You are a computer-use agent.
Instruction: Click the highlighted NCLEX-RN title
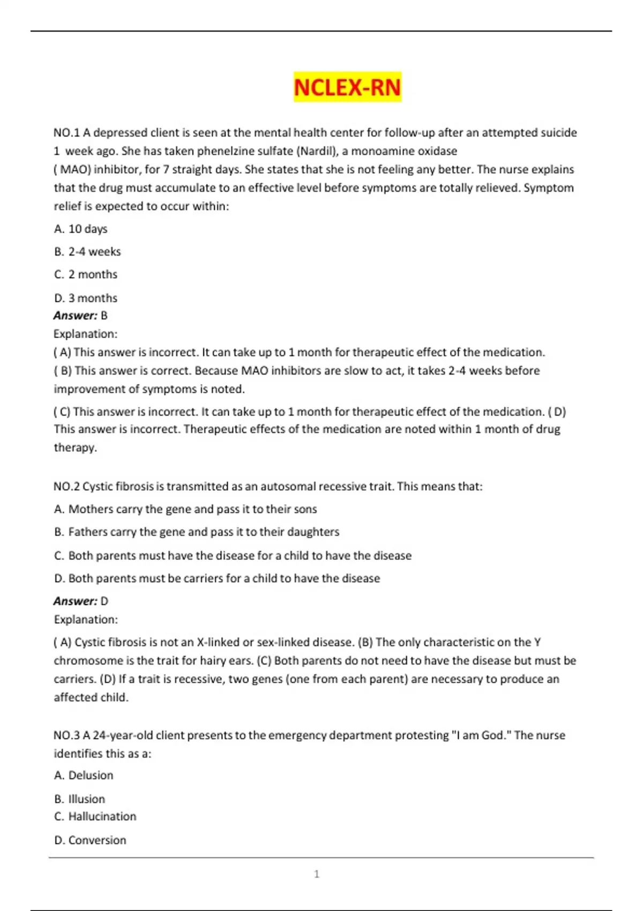[x=347, y=87]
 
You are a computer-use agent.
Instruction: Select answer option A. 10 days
[x=81, y=229]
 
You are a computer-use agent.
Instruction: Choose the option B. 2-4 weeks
[x=87, y=251]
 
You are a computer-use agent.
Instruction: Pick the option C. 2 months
[x=86, y=274]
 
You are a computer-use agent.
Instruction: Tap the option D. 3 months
[x=86, y=298]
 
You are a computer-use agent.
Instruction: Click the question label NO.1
[x=66, y=132]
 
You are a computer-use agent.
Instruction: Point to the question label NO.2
[x=66, y=487]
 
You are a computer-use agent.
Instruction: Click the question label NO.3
[x=66, y=735]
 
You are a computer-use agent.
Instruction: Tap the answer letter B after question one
[x=104, y=316]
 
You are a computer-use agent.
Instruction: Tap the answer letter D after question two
[x=104, y=601]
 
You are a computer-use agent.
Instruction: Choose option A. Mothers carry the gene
[x=185, y=509]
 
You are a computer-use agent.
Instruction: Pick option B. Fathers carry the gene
[x=197, y=532]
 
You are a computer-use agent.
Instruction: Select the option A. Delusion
[x=84, y=775]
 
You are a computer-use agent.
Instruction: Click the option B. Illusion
[x=80, y=799]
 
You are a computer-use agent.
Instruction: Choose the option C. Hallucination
[x=95, y=817]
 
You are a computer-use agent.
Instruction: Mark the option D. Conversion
[x=90, y=840]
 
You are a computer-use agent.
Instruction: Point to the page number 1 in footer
[x=317, y=875]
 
